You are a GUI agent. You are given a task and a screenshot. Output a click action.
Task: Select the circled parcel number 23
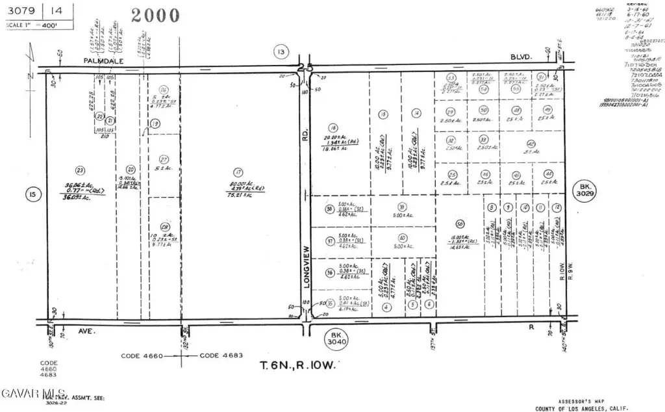point(80,171)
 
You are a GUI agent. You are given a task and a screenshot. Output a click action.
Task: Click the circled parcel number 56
point(460,224)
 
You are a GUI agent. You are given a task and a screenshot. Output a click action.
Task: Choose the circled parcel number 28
point(165,227)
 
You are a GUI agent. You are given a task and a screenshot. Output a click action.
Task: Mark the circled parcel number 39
point(402,207)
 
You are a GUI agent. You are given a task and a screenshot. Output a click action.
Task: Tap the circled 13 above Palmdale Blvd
point(280,52)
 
